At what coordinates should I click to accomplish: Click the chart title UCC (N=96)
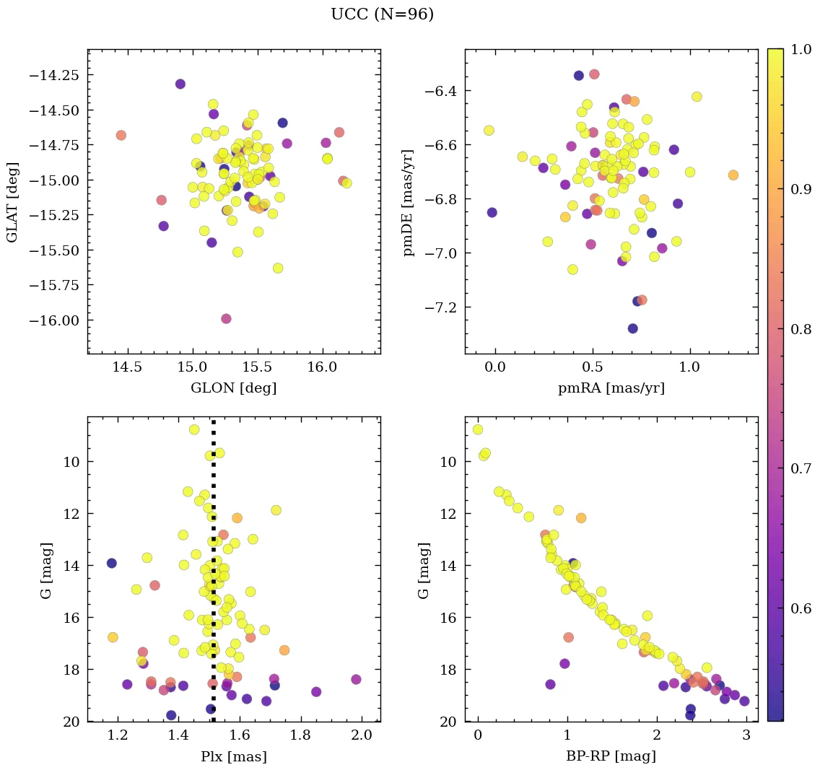382,14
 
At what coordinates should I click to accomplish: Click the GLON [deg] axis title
233,388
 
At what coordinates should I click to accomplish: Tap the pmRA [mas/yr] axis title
611,388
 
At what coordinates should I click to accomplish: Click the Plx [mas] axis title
233,756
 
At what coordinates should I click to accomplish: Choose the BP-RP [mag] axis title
611,756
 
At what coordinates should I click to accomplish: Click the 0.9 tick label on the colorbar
800,188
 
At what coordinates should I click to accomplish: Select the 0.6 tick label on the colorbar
800,608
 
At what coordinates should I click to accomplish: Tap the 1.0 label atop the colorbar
800,49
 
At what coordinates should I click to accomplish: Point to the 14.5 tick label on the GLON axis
127,369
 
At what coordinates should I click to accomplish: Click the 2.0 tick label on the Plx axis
362,737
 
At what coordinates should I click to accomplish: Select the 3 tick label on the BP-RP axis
746,737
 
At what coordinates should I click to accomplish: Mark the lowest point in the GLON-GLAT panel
226,318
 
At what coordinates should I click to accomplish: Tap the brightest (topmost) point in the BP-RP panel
477,429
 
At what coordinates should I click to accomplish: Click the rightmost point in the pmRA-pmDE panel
733,175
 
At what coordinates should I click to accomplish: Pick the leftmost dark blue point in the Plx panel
111,563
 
